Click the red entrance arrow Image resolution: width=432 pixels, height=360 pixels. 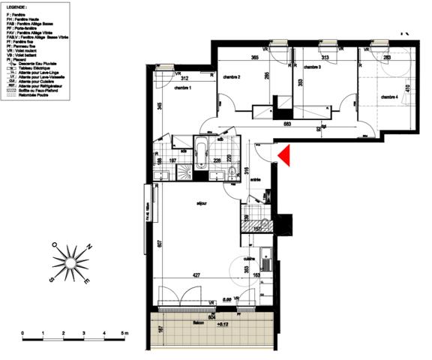click(284, 154)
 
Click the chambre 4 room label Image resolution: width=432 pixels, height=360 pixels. click(388, 97)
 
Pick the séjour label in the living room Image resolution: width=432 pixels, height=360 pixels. click(202, 202)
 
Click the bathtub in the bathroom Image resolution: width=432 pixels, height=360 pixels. click(203, 153)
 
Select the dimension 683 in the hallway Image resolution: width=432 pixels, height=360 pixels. click(286, 124)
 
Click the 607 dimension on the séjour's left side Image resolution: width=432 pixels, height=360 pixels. click(160, 244)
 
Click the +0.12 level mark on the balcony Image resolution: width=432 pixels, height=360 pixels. click(221, 325)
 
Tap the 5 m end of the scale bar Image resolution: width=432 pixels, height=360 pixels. click(126, 331)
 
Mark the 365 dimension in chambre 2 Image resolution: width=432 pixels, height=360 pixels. click(255, 58)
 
